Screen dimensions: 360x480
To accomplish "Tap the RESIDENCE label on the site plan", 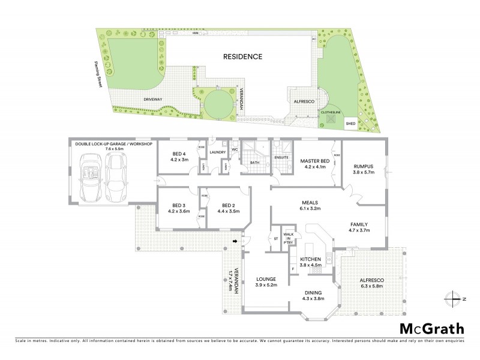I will pos(243,57).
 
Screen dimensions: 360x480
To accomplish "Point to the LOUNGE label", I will pos(265,279).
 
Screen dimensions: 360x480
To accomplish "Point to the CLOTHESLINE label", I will pos(331,112).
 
